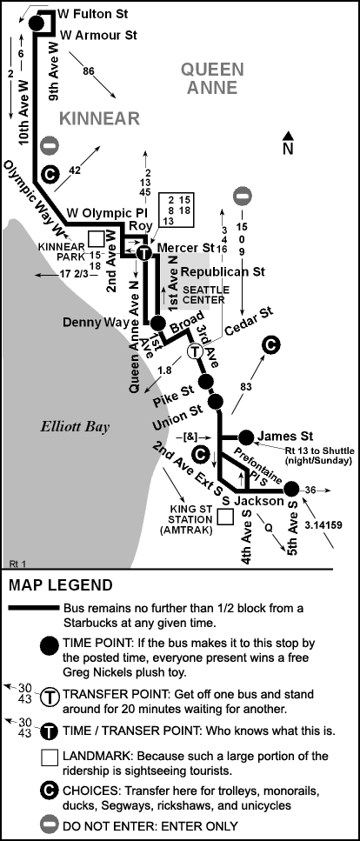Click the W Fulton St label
point(93,14)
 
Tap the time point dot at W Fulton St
point(37,23)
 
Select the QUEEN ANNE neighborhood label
point(212,78)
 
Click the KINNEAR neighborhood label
point(99,118)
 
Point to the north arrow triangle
point(288,136)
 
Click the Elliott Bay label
point(75,427)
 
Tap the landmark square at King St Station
point(225,517)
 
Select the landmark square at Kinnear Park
point(97,238)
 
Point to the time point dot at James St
point(246,437)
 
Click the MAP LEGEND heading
point(61,585)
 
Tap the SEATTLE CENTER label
point(198,295)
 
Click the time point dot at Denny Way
point(157,323)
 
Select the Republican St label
point(223,272)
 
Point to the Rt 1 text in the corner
point(17,564)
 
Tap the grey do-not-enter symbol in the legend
point(50,824)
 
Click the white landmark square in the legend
point(50,758)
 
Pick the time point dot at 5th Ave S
point(290,489)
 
